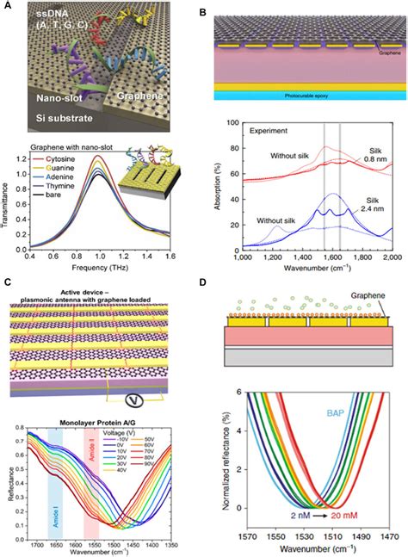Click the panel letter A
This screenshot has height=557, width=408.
(x=7, y=7)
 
